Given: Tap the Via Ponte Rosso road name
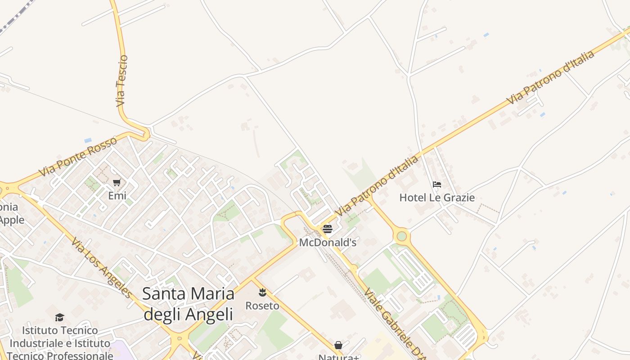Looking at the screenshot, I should click(x=78, y=157).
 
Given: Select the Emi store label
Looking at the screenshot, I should click(x=117, y=196).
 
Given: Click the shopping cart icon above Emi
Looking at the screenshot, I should click(x=117, y=182).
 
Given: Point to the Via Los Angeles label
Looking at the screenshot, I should click(x=102, y=268).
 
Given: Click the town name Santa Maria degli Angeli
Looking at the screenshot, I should click(x=188, y=304).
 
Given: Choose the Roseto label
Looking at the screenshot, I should click(x=262, y=306).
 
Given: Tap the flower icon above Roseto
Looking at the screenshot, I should click(x=262, y=293).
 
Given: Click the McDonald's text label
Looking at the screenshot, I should click(x=328, y=243).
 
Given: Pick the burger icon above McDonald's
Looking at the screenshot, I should click(x=328, y=229).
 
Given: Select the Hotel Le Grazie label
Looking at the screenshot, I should click(x=437, y=198).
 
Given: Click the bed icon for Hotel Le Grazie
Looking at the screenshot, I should click(x=437, y=184).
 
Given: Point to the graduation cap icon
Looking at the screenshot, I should click(x=60, y=318).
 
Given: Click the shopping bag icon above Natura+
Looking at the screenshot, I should click(x=338, y=345).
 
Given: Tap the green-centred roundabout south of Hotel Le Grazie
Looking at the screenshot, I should click(x=401, y=236).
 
